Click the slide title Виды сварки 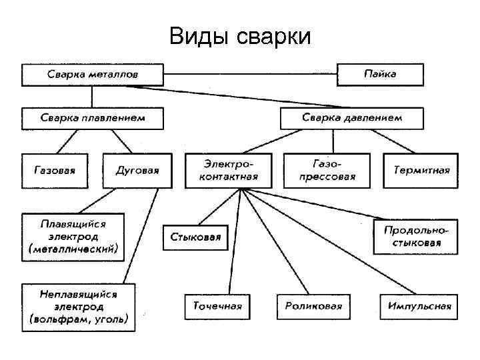[240, 36]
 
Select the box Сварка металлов [93, 74]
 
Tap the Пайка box [380, 74]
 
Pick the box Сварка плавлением [93, 118]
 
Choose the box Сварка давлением [352, 118]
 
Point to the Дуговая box [137, 170]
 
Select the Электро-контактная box [229, 171]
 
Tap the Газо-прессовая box [327, 171]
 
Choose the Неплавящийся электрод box [79, 307]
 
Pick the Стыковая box [195, 237]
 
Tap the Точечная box [218, 307]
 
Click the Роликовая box [313, 307]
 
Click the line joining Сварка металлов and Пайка [250, 74]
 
